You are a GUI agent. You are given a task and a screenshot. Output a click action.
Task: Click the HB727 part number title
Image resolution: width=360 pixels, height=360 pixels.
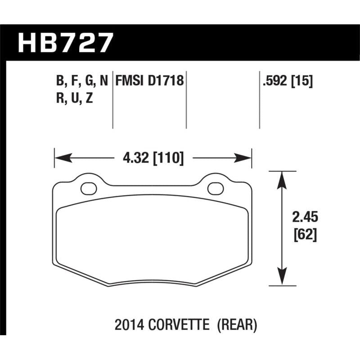(x=65, y=43)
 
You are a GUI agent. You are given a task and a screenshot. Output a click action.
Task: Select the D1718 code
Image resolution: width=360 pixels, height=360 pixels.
(x=166, y=81)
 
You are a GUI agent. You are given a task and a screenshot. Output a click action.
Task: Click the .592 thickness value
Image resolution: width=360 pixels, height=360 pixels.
(x=275, y=81)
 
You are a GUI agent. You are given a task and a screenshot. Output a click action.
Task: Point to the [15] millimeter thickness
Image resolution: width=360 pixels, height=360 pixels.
(x=302, y=81)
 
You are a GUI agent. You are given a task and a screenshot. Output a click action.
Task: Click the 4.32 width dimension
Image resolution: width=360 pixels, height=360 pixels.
(x=136, y=158)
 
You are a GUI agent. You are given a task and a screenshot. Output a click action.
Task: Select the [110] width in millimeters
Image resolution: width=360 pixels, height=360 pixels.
(x=168, y=158)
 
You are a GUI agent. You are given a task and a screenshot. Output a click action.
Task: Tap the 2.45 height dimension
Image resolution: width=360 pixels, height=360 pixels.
(x=305, y=217)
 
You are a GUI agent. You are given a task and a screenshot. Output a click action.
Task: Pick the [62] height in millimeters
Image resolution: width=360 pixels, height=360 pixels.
(x=306, y=234)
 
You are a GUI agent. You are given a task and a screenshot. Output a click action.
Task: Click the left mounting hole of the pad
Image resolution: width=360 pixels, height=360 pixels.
(x=89, y=189)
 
